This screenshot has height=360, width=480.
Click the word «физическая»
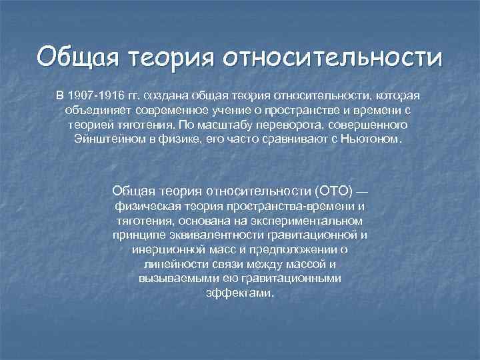[x=146, y=206]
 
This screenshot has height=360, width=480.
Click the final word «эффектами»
[x=240, y=293]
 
